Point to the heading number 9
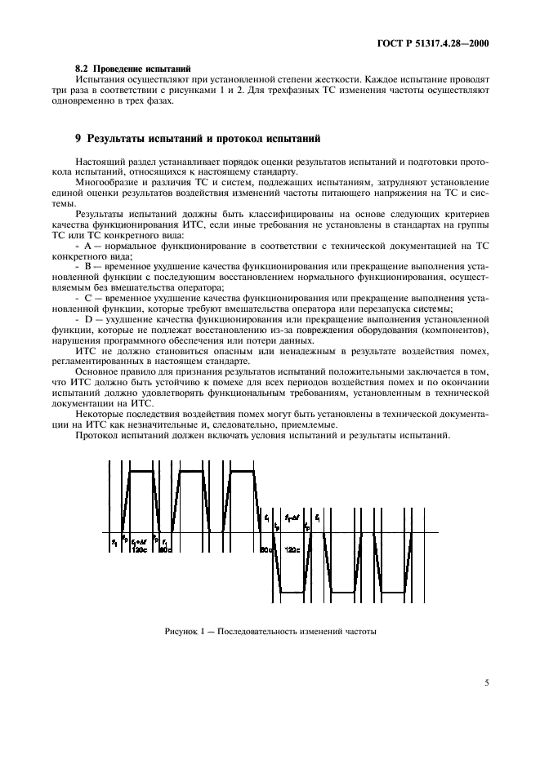(78, 138)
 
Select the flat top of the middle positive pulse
(193, 471)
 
